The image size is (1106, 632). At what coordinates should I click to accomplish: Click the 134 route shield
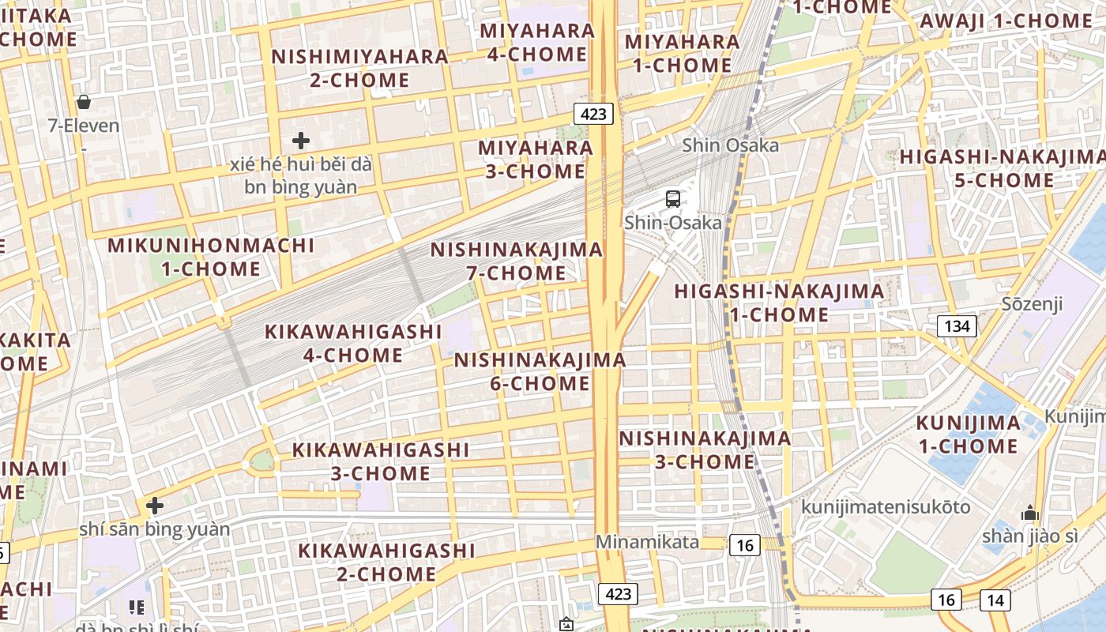tap(957, 326)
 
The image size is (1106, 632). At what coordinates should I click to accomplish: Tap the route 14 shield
tap(995, 600)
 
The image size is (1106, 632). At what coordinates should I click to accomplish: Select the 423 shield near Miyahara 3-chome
tap(593, 114)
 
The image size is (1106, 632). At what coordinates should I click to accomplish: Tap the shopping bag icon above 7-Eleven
tap(83, 102)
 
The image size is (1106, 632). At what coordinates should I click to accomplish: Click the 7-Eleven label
tap(84, 126)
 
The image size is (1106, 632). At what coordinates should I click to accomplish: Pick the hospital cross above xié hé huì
tap(301, 141)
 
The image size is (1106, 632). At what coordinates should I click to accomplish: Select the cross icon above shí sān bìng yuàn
tap(155, 505)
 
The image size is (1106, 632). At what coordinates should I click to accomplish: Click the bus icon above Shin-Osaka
tap(673, 199)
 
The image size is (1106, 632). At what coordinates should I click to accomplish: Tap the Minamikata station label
tap(647, 542)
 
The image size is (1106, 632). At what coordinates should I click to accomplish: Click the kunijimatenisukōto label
tap(886, 506)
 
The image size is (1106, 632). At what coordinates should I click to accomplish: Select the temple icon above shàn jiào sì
tap(1029, 513)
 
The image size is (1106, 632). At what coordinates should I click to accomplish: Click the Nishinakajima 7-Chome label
tap(516, 261)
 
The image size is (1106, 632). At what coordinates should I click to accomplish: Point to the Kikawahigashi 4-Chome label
tap(353, 344)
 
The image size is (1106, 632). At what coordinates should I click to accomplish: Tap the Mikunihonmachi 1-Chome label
tap(211, 257)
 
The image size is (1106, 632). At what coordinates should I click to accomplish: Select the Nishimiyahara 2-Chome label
tap(360, 68)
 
